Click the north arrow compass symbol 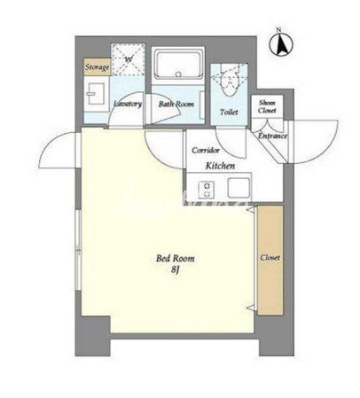[281, 44]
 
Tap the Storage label [97, 67]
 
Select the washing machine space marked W [128, 59]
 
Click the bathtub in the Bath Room [178, 66]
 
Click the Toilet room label [229, 112]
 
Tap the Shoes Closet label [267, 106]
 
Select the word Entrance [272, 136]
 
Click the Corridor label [206, 151]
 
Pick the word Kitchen [220, 166]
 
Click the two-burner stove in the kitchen [207, 190]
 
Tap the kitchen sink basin [239, 188]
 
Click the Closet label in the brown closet [270, 258]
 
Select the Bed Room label [176, 259]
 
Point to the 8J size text [176, 269]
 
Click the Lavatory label [128, 104]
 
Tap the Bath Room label [176, 104]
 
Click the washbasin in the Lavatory [95, 94]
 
